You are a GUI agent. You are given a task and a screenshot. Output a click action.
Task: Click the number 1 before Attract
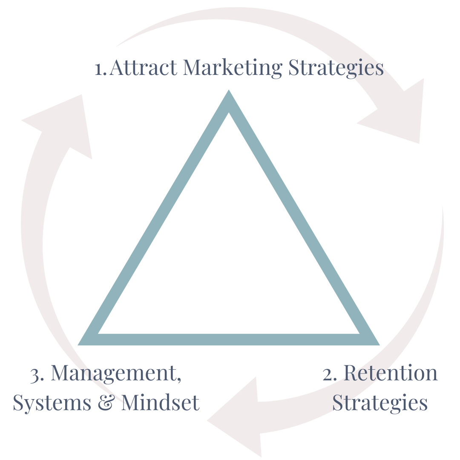pyautogui.click(x=99, y=69)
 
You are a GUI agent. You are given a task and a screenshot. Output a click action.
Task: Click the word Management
pyautogui.click(x=112, y=374)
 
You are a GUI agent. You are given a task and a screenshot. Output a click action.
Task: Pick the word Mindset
pyautogui.click(x=160, y=402)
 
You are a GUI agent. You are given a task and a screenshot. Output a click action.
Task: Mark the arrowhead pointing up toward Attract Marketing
pyautogui.click(x=64, y=124)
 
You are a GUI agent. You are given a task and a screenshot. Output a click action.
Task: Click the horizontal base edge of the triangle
pyautogui.click(x=229, y=339)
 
